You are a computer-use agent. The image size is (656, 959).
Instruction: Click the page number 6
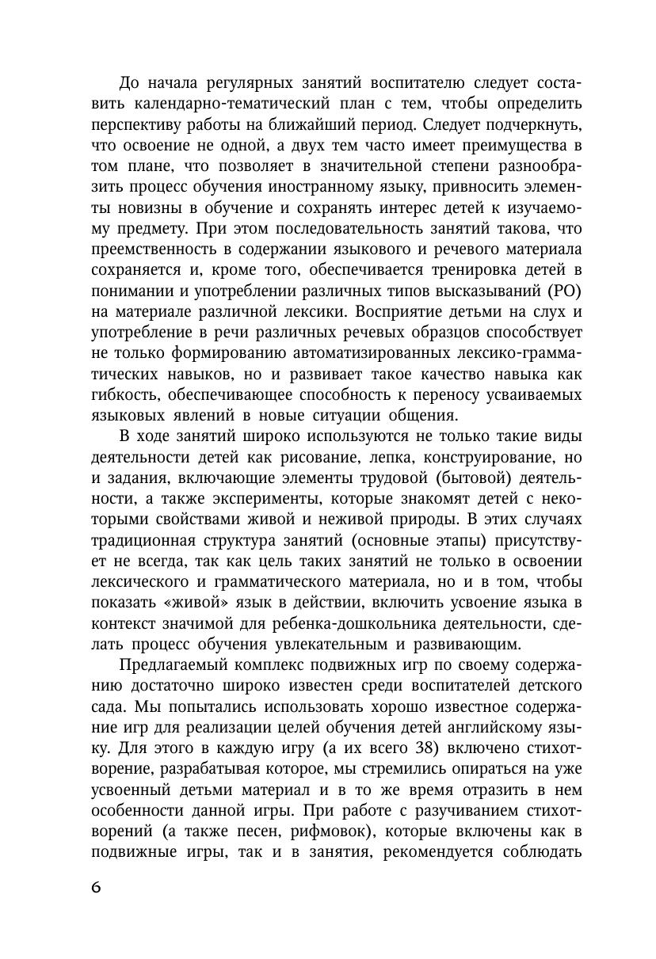click(96, 888)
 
